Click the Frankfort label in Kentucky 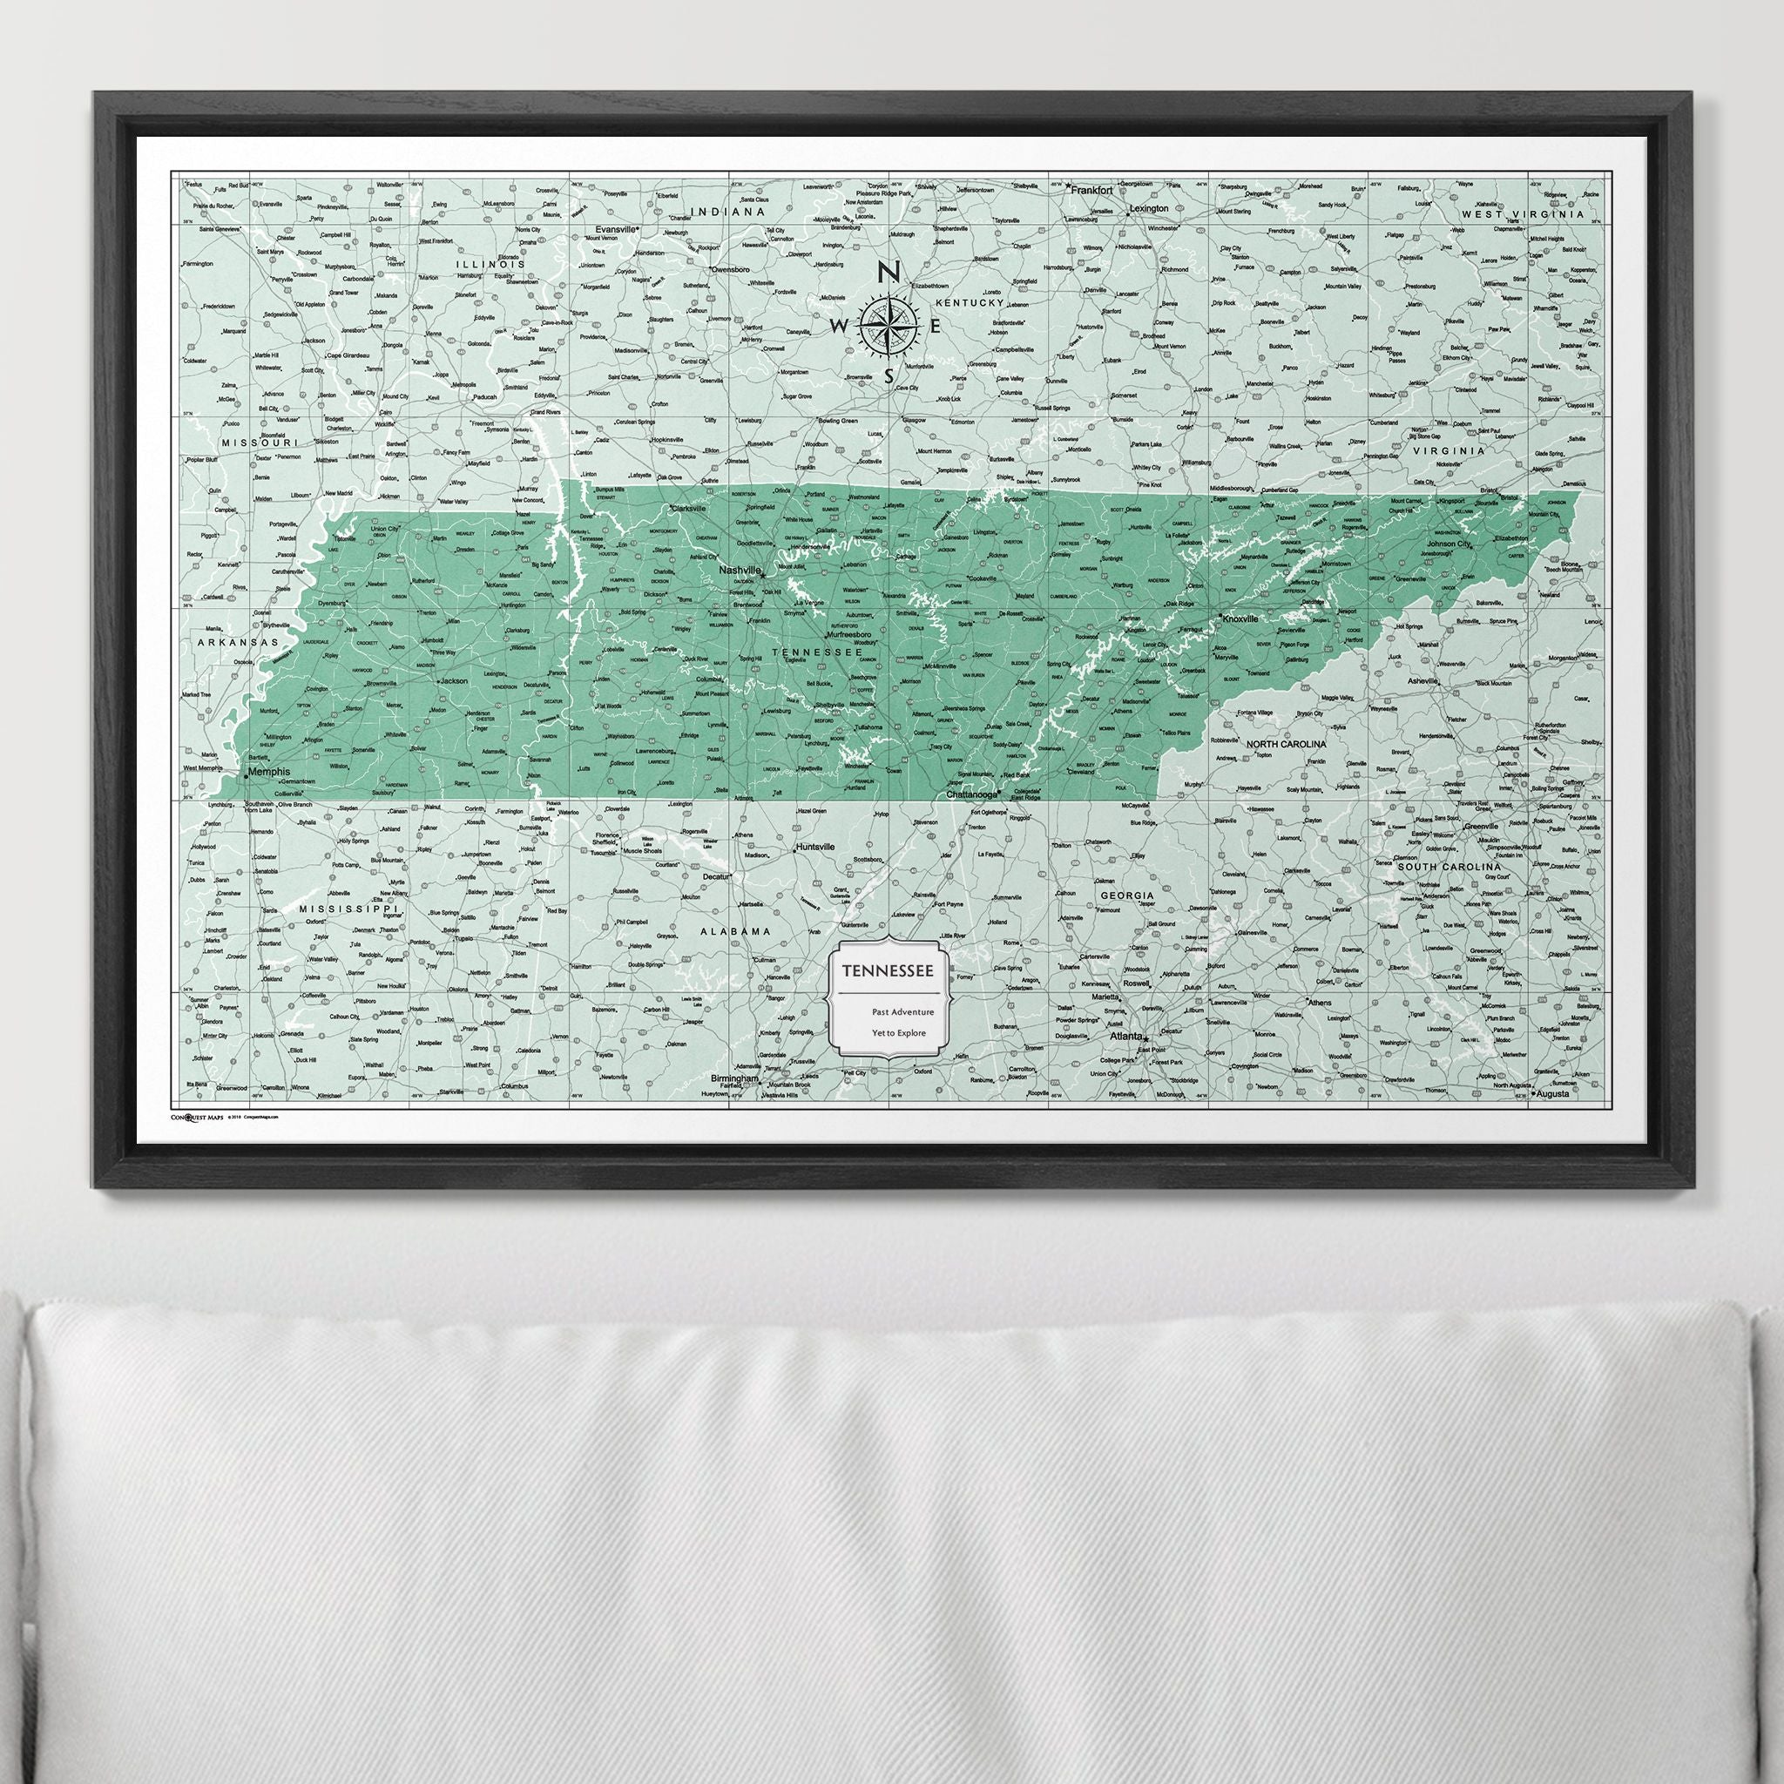point(1091,188)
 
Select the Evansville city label point(618,228)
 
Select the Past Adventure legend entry point(902,1012)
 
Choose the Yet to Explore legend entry point(898,1033)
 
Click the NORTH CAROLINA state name point(1286,743)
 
